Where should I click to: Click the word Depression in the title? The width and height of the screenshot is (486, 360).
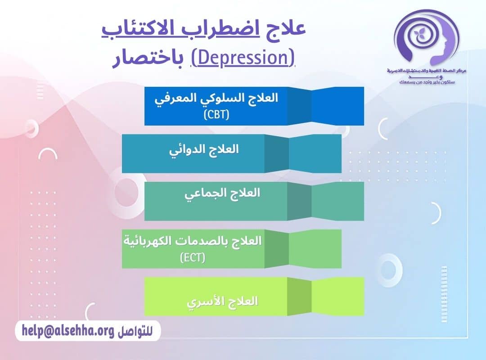coord(243,58)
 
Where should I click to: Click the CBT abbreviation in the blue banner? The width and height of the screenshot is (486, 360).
coord(216,114)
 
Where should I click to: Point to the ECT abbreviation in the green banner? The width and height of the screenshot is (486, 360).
coord(193,258)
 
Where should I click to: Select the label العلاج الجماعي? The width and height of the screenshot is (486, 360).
coord(223,193)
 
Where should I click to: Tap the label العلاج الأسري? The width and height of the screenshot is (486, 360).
coord(222,301)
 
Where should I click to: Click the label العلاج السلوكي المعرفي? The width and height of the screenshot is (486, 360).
coord(216,99)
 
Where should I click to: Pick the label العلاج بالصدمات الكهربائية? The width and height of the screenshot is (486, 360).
coord(193,241)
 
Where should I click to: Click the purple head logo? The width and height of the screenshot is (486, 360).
coord(426,38)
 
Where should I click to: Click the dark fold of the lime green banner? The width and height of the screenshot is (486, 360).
coord(299,296)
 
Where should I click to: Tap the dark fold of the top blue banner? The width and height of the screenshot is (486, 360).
coord(299,106)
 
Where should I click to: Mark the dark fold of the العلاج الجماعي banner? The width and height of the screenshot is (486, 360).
coord(299,201)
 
